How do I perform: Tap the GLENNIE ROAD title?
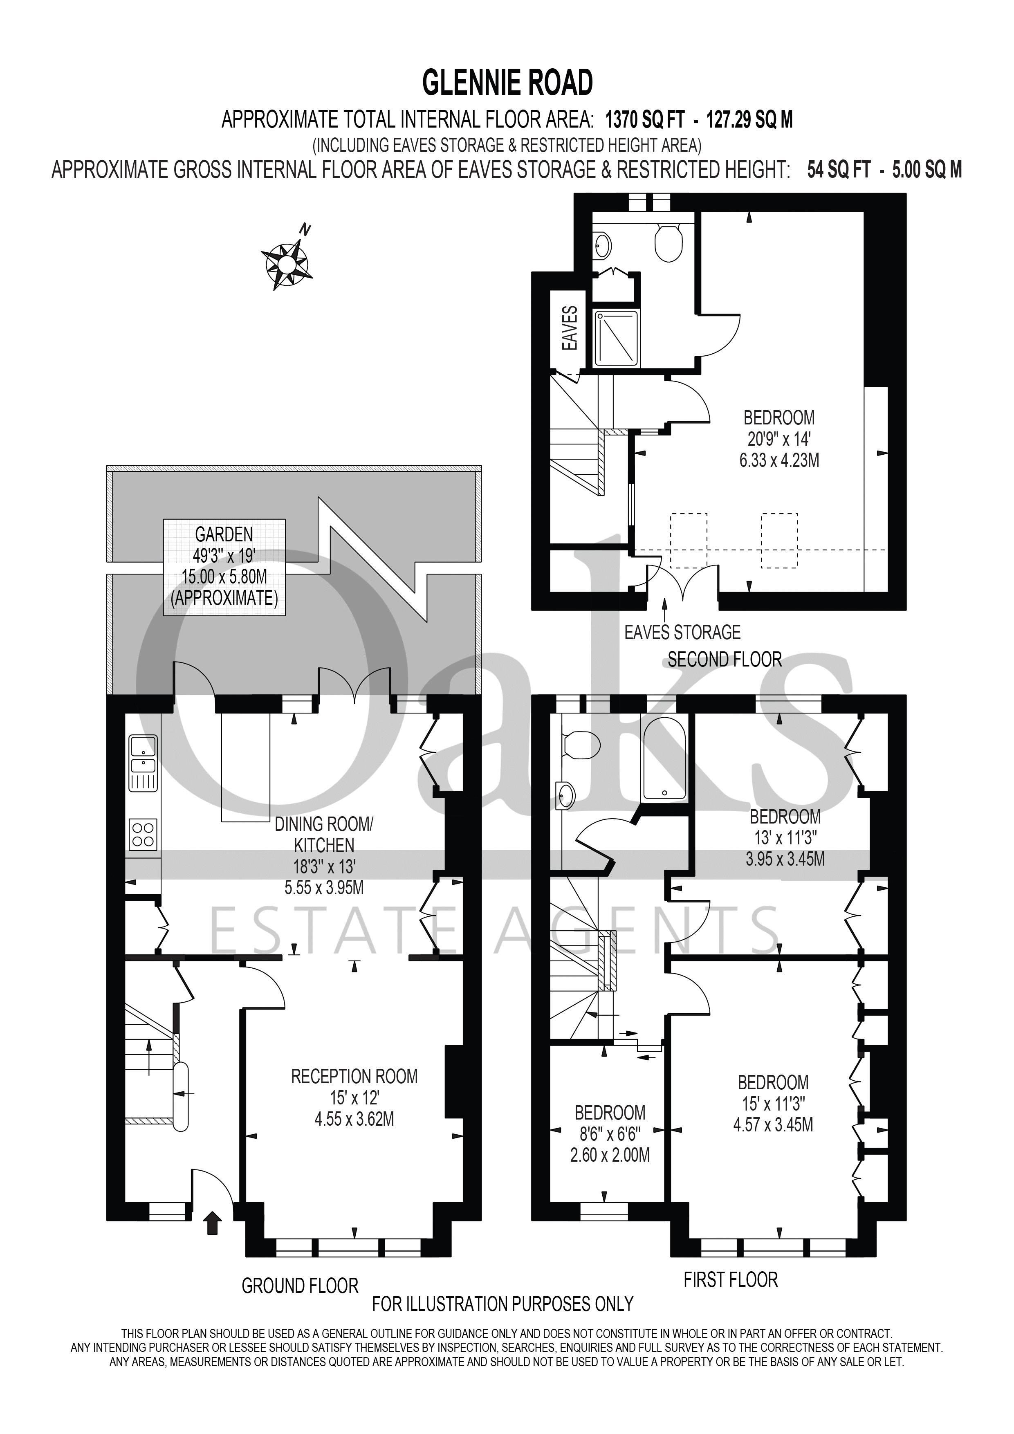(507, 83)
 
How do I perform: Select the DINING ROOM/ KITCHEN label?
(324, 835)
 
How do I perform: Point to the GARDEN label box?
(224, 566)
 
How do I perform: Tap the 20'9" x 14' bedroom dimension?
(778, 439)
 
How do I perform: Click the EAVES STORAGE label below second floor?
(682, 633)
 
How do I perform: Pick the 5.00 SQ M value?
(927, 170)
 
